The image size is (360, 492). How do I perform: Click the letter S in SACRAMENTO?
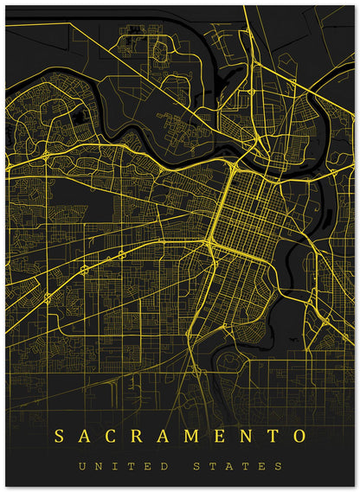click(59, 434)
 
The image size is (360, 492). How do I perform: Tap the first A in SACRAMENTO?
click(85, 434)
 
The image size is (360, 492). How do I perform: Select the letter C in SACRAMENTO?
click(110, 434)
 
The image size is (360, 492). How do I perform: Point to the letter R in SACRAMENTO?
click(137, 434)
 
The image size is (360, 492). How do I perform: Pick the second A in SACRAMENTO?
click(163, 434)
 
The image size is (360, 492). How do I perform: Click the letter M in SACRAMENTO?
click(190, 434)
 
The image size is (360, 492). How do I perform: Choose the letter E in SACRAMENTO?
click(218, 434)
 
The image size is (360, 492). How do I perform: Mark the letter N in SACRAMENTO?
click(244, 434)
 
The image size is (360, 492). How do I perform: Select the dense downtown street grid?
click(243, 216)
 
